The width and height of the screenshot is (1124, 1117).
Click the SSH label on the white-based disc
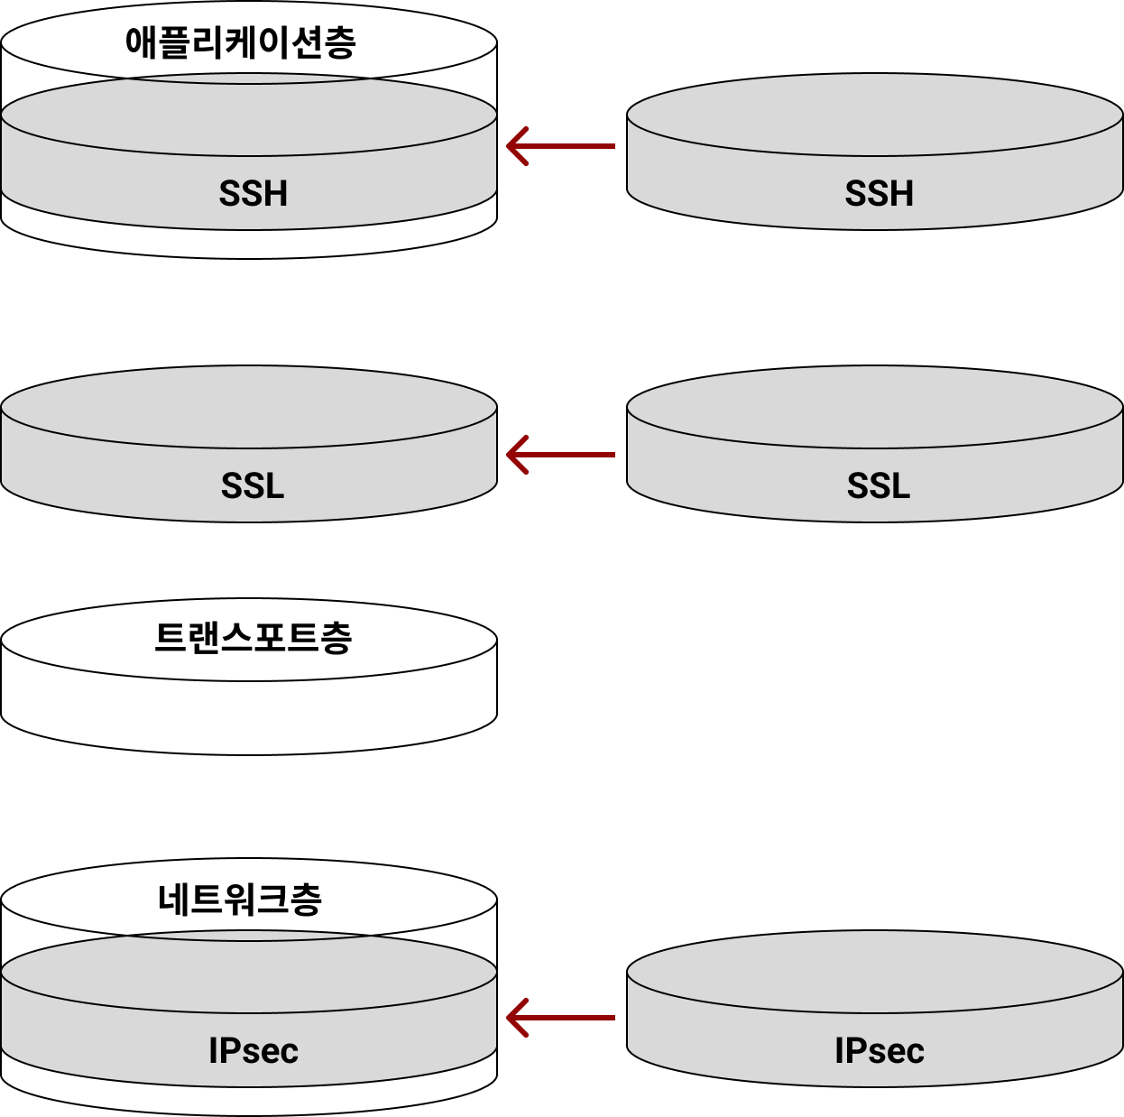coord(253,194)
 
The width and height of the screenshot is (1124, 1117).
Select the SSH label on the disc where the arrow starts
coord(879,194)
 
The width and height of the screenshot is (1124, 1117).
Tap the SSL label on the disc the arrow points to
coord(253,486)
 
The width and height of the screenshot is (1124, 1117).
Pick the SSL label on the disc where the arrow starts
coord(879,486)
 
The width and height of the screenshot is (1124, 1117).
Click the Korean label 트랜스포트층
coord(253,638)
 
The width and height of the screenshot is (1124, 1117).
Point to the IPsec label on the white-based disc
coord(253,1051)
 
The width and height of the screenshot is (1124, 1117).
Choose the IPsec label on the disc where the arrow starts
coord(879,1051)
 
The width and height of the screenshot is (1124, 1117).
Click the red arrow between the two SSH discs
coord(561,146)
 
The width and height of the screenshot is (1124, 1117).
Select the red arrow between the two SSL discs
coord(561,455)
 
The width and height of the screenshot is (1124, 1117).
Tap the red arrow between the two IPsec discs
coord(561,1018)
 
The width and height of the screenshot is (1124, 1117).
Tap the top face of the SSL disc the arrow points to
coord(249,407)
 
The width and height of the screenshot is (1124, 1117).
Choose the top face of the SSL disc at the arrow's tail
coord(875,407)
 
